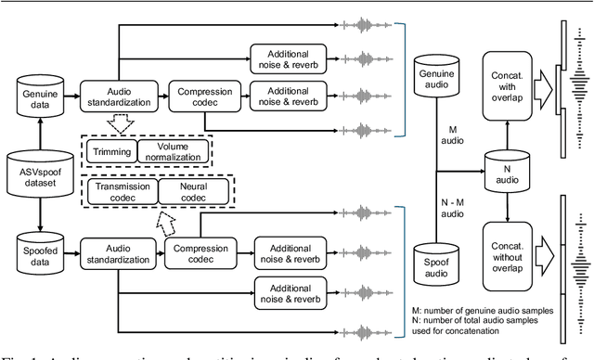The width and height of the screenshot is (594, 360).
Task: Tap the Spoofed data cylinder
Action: pos(38,251)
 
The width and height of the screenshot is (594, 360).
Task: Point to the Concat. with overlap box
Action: pos(507,84)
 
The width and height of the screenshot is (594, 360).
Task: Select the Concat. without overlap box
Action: pos(507,249)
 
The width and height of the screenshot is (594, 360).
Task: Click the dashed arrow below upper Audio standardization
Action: pos(118,124)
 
